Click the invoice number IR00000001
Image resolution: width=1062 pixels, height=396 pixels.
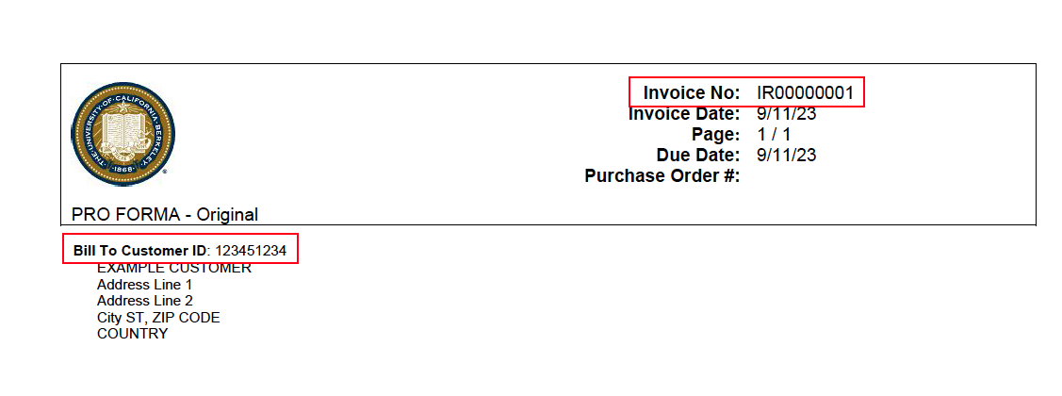(805, 93)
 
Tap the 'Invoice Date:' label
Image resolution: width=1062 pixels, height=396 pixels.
(684, 114)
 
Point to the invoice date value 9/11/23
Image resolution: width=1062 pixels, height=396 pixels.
(786, 114)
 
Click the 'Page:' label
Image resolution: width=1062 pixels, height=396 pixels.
(715, 135)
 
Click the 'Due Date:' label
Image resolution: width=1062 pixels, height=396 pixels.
(697, 156)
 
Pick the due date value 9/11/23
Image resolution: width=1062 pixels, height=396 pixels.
(786, 156)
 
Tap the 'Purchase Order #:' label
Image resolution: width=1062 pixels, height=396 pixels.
(662, 176)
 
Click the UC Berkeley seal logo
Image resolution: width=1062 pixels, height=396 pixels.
(123, 133)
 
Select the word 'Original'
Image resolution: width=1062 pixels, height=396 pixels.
(226, 215)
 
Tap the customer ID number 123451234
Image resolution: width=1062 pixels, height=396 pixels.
(251, 251)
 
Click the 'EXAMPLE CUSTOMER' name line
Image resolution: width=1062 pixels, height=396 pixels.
(174, 269)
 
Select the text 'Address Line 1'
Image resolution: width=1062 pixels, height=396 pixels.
(144, 285)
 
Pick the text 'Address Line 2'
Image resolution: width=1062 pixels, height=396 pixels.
(144, 301)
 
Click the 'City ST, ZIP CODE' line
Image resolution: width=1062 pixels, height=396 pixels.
(158, 318)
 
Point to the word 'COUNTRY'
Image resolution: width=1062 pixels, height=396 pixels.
(132, 334)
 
